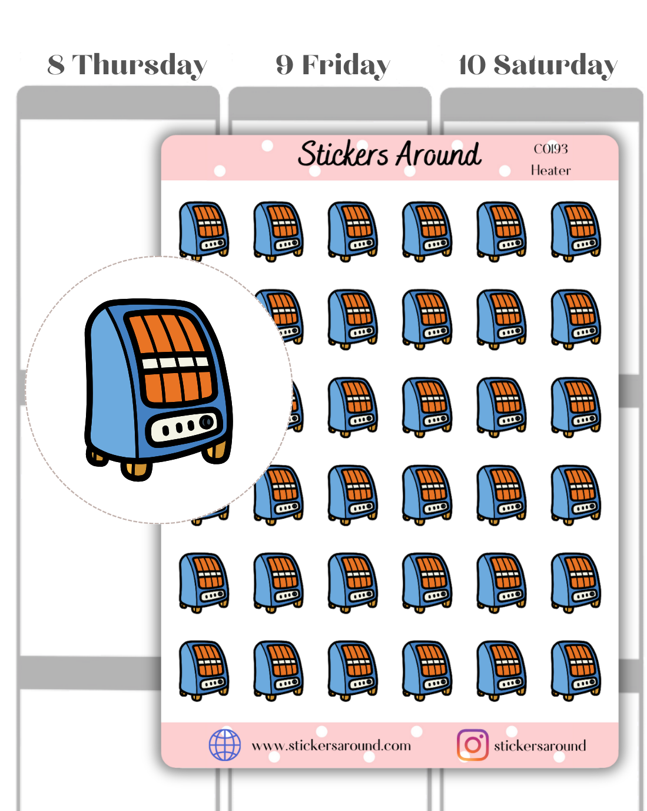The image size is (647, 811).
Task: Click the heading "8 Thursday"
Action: [x=127, y=65]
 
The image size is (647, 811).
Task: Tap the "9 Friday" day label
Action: [x=333, y=65]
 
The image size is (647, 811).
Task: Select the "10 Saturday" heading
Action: [x=537, y=65]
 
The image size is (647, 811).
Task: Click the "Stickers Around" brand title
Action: [x=389, y=154]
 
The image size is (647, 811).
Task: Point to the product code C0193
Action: [x=550, y=149]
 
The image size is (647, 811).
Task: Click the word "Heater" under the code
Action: [x=550, y=170]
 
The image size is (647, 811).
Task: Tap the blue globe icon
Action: [x=225, y=745]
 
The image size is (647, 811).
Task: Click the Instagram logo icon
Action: [x=472, y=745]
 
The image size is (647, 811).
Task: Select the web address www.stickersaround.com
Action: [x=331, y=746]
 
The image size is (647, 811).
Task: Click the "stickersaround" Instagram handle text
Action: [x=540, y=746]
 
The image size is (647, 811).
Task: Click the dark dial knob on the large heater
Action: [x=206, y=422]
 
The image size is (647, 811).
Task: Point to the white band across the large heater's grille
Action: [x=175, y=362]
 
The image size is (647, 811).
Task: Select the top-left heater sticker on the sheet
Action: [x=204, y=230]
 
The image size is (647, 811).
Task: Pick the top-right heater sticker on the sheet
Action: [x=576, y=230]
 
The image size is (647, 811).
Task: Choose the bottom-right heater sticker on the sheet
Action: [x=576, y=670]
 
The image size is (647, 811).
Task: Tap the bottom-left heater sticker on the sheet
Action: [x=204, y=670]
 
